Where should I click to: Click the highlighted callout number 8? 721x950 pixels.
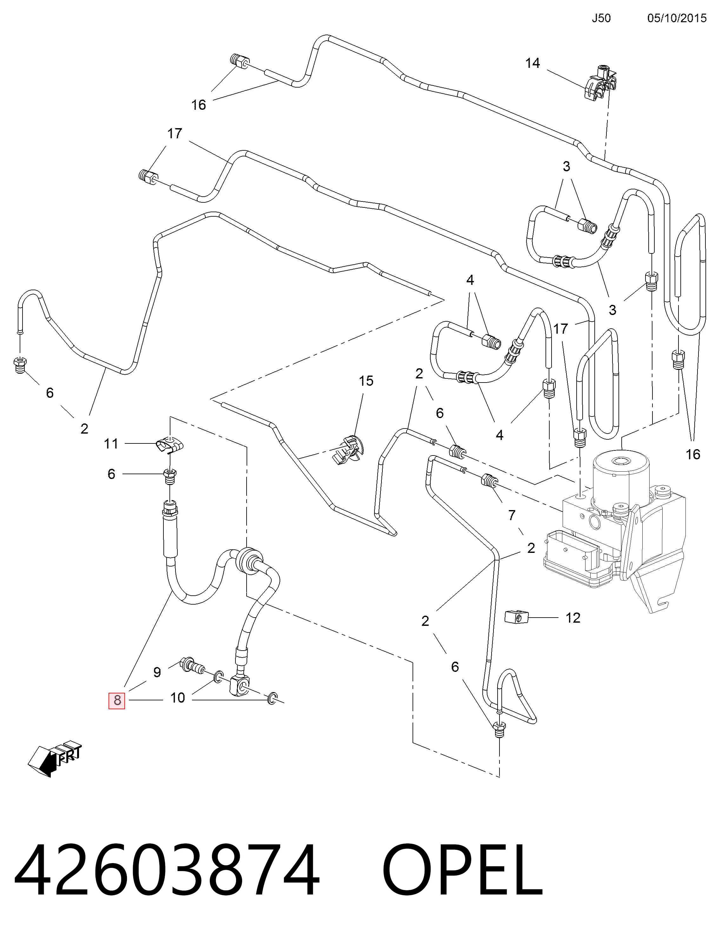point(116,700)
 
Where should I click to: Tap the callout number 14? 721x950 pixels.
point(532,63)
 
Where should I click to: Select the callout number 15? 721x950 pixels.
point(366,381)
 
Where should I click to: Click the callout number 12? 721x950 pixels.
point(573,618)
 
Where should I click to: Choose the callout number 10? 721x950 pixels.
point(177,698)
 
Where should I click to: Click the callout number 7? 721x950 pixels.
point(511,515)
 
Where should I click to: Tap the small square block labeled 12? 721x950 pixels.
point(516,618)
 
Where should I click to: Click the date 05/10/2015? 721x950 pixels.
point(677,18)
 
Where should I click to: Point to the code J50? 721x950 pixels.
point(601,18)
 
